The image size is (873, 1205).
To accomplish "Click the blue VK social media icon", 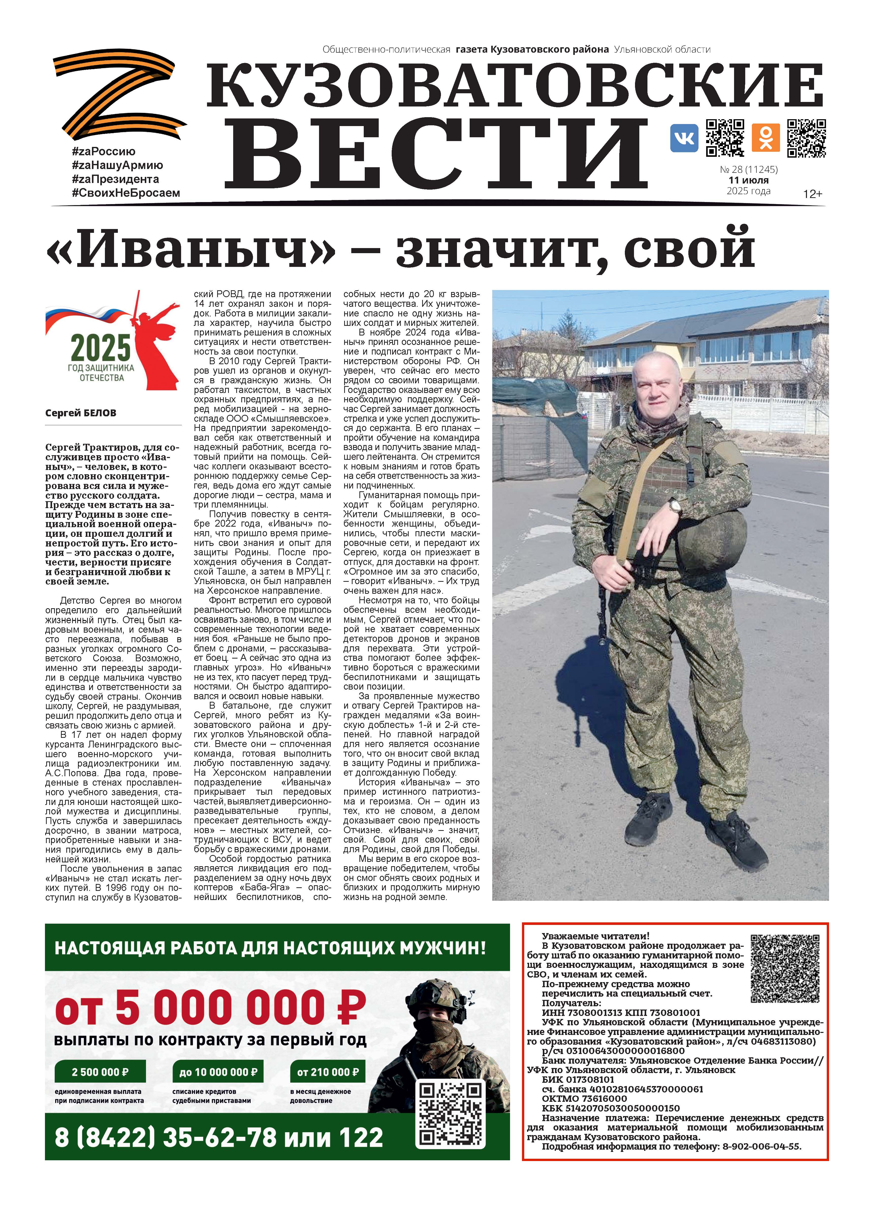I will coord(684,138).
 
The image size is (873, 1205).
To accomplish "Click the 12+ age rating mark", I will coord(812,194).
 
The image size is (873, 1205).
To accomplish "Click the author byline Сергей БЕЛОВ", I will coord(81,413).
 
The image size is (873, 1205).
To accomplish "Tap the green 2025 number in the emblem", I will coord(101,348).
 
